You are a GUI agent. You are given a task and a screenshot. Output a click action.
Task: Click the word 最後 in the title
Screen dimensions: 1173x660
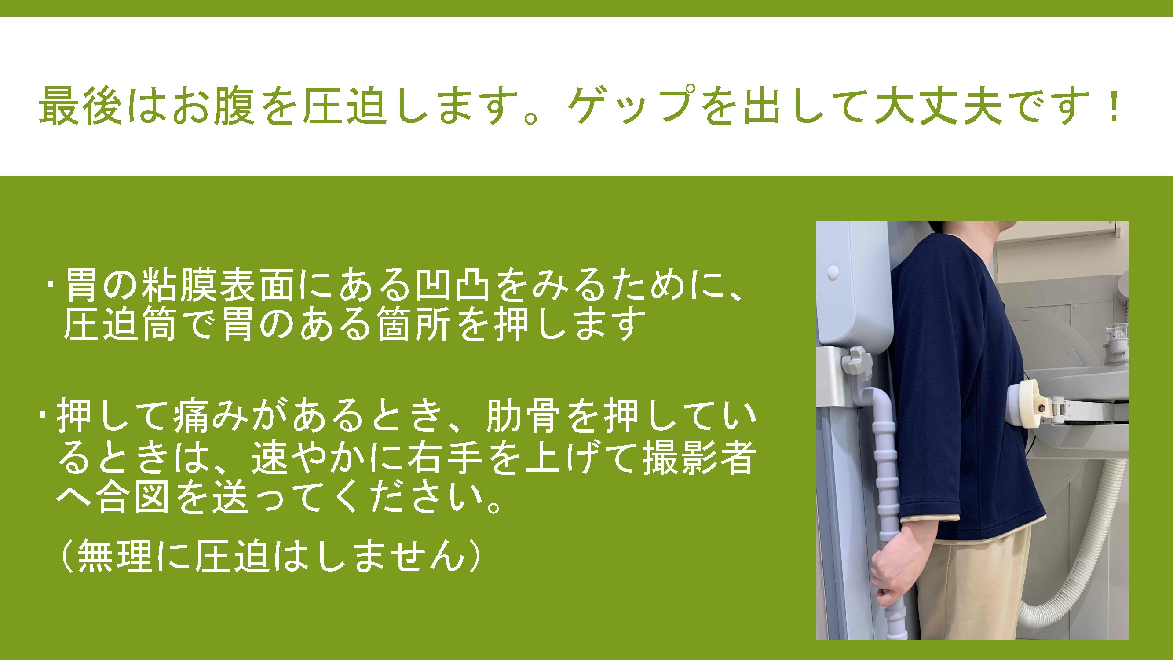tap(80, 105)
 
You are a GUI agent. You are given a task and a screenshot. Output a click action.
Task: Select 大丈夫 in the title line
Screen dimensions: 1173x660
tap(939, 105)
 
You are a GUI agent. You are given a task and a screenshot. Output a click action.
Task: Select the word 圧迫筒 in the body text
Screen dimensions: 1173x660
tap(119, 324)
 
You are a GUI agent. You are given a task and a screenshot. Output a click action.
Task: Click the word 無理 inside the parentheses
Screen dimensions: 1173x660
tap(115, 555)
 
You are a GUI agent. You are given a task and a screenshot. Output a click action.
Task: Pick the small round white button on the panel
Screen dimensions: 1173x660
tap(833, 272)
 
